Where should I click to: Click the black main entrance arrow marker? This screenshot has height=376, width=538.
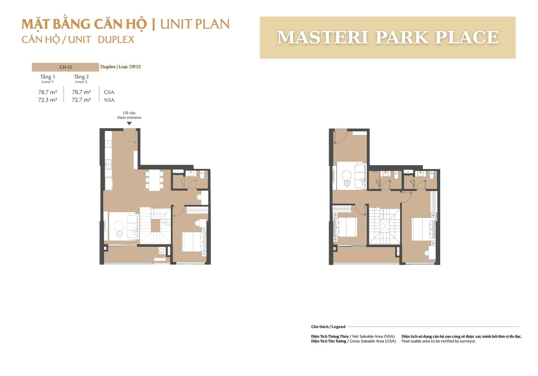pyautogui.click(x=129, y=124)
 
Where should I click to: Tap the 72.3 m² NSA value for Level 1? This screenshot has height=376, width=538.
pyautogui.click(x=47, y=100)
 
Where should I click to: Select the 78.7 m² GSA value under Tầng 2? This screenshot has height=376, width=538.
pyautogui.click(x=81, y=92)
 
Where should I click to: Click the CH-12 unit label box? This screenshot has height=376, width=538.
pyautogui.click(x=65, y=67)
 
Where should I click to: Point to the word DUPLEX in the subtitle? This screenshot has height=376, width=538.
pyautogui.click(x=116, y=40)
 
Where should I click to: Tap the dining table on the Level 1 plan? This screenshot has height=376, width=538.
pyautogui.click(x=154, y=180)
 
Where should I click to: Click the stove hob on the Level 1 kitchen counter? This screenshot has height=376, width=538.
pyautogui.click(x=109, y=144)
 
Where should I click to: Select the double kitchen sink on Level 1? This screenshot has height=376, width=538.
pyautogui.click(x=109, y=165)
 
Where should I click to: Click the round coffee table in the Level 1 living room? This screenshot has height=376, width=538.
pyautogui.click(x=119, y=226)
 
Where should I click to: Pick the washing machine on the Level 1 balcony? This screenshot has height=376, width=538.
pyautogui.click(x=162, y=251)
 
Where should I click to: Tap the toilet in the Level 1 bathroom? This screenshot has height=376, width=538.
pyautogui.click(x=202, y=175)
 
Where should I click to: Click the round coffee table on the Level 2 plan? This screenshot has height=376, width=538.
pyautogui.click(x=347, y=175)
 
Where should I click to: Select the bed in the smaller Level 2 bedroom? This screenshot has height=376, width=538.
pyautogui.click(x=345, y=227)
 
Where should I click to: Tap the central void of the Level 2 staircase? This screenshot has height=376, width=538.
pyautogui.click(x=384, y=226)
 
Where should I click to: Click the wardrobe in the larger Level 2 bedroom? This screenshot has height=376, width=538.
pyautogui.click(x=433, y=202)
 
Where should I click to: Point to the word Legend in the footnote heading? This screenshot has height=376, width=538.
pyautogui.click(x=338, y=327)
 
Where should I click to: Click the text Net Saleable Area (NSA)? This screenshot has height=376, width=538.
pyautogui.click(x=373, y=337)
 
